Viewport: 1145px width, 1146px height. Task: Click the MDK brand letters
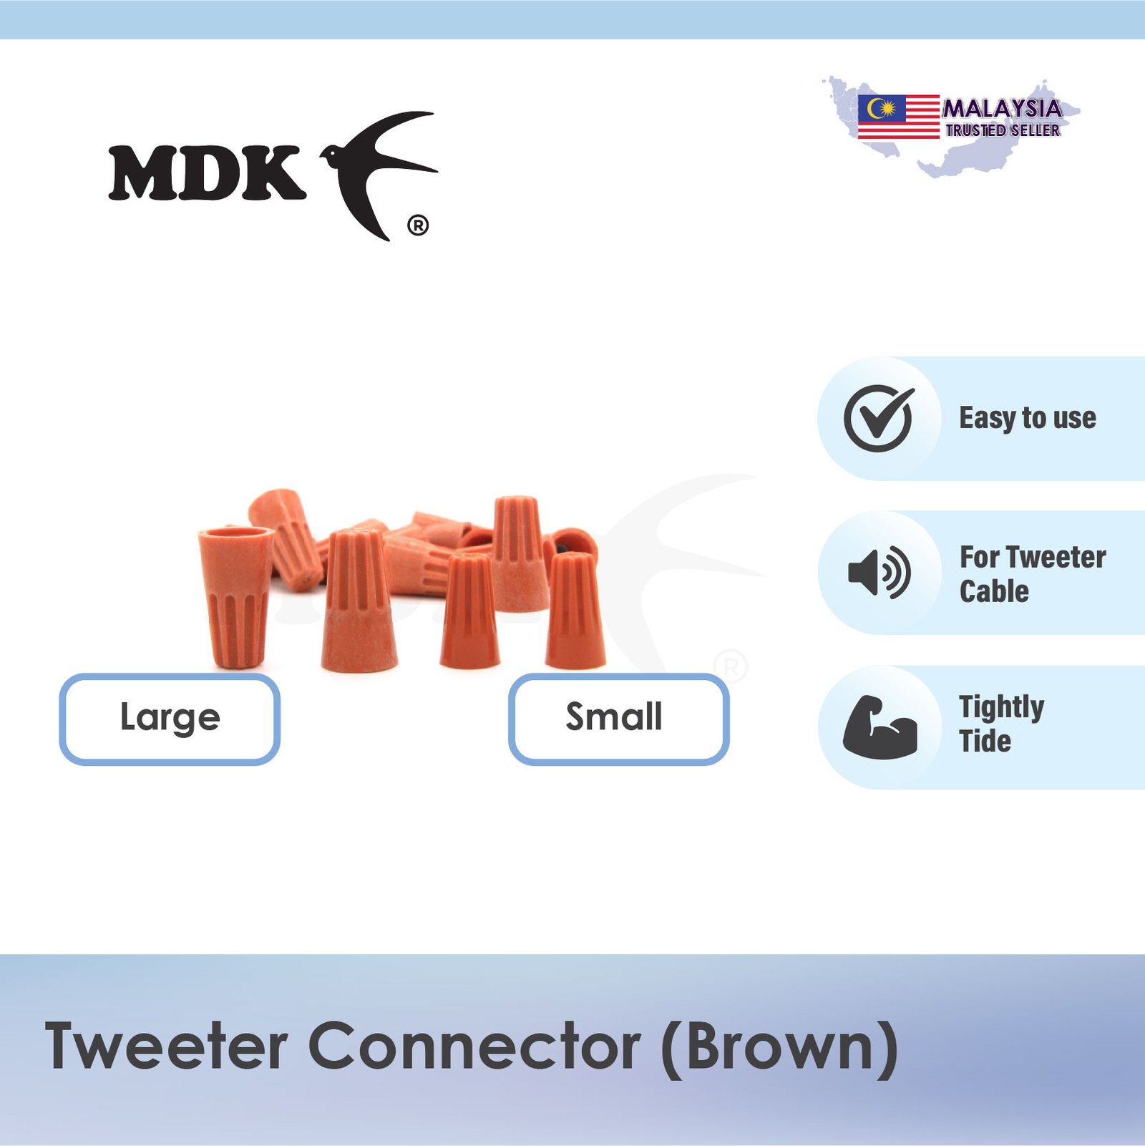pos(208,173)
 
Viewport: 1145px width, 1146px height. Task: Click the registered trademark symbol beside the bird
pos(418,225)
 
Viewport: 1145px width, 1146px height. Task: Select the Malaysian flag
pos(899,117)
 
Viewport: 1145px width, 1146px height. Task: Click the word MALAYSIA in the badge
pos(1003,109)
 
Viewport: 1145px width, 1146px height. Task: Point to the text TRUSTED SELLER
pos(1003,130)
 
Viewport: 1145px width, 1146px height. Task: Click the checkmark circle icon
pos(879,418)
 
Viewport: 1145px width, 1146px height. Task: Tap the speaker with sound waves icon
pos(879,573)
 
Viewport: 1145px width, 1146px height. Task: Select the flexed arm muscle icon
pos(880,727)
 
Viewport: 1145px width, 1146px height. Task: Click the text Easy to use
pos(1028,418)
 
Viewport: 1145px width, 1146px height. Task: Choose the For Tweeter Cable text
pos(1033,574)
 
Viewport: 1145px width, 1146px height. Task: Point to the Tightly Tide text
pos(1001,724)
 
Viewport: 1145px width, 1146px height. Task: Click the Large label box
pos(170,719)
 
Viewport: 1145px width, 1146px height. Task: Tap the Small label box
pos(619,719)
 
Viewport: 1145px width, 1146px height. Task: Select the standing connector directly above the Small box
pos(575,610)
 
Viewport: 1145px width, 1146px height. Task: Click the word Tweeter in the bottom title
pos(166,1047)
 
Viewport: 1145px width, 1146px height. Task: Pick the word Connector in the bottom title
pos(474,1047)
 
